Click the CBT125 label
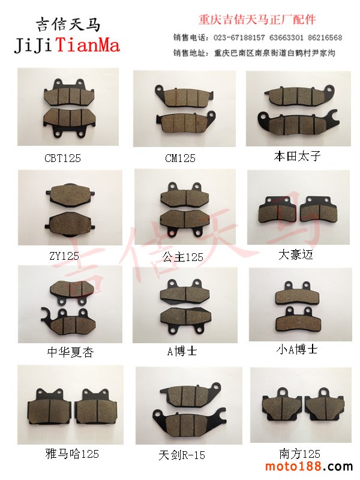tap(63, 158)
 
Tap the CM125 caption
tap(180, 158)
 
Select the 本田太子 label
tap(297, 156)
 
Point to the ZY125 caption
tap(64, 256)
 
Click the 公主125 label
tap(183, 257)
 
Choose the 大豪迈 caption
tap(296, 254)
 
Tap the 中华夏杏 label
tap(70, 352)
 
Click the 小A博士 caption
tap(296, 349)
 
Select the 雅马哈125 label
tap(72, 454)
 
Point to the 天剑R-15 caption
tap(182, 455)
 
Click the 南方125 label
tap(299, 454)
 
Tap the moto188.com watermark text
tap(309, 467)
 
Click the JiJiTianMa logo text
tap(67, 46)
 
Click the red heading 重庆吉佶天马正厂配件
tap(257, 20)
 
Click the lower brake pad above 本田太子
tap(298, 122)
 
